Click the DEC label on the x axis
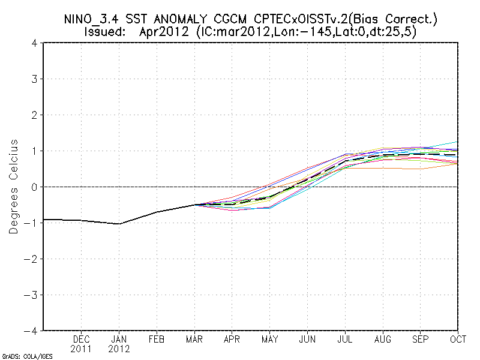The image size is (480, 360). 82,339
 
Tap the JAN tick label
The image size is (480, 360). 119,339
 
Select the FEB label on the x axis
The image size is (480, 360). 157,339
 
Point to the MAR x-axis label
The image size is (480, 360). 194,339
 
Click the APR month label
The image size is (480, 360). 232,339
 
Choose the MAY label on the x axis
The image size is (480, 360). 269,339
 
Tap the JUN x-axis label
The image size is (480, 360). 307,339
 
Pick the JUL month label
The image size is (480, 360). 345,339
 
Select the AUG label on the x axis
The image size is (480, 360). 383,339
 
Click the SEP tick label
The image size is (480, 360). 421,339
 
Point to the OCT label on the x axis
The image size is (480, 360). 458,339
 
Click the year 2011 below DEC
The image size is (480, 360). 82,348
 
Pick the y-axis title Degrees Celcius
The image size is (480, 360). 14,187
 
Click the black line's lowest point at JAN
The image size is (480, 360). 119,224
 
